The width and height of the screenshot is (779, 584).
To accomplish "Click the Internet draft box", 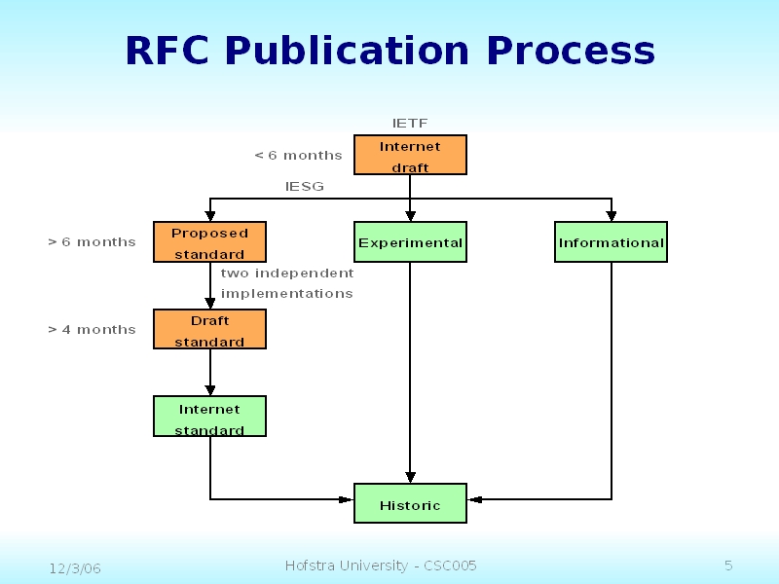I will click(410, 156).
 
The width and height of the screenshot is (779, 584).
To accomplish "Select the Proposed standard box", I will click(209, 242).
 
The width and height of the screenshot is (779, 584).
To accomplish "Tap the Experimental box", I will click(410, 242).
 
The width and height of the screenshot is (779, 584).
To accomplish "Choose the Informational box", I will click(611, 242).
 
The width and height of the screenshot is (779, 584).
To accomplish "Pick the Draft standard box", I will click(209, 330).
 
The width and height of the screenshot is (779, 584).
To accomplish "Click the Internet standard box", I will click(209, 417).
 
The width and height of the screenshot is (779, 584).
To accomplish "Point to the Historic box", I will click(410, 504).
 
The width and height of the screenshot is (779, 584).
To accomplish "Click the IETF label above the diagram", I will click(410, 124).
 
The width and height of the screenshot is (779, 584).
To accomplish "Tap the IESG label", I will click(305, 186).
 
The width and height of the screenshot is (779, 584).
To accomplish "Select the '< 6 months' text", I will click(298, 155).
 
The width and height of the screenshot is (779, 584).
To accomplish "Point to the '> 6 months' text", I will click(92, 241).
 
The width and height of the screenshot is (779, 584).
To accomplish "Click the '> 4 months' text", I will click(92, 329).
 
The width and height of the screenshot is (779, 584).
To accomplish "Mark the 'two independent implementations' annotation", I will click(287, 283).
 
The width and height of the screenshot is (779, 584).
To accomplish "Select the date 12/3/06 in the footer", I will click(75, 567).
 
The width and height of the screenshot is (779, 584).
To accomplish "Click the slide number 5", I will click(728, 566).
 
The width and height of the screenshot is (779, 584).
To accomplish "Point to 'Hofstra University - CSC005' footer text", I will click(381, 566).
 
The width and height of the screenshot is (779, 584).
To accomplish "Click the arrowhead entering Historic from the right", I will click(474, 499).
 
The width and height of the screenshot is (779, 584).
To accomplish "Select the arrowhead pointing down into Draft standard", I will click(210, 304).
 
